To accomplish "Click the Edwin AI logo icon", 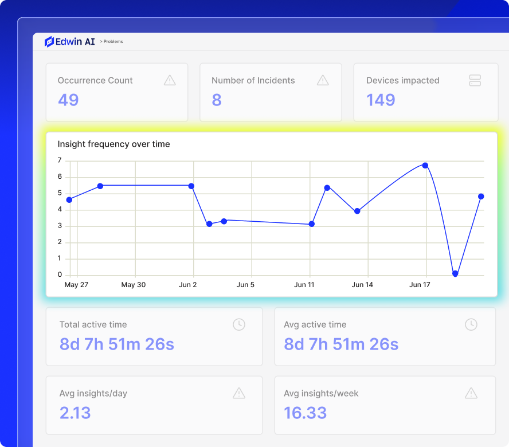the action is [49, 42].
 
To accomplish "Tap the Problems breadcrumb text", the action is [113, 42].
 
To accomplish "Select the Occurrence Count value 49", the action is [68, 100].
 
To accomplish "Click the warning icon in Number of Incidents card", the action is [323, 80].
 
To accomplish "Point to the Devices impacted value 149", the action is [381, 100].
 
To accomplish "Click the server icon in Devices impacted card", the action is [475, 80].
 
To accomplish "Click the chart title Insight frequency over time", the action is [113, 144].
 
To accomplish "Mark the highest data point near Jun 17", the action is [425, 166].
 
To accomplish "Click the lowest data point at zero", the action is [455, 274].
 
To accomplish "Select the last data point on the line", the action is [481, 197].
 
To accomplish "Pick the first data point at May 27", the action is [69, 200].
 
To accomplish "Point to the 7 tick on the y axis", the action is [60, 160].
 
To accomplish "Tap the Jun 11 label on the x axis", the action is [304, 285].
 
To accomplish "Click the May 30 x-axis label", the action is [134, 285].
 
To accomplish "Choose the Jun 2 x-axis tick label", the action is [187, 285].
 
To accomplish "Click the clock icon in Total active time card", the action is [239, 324].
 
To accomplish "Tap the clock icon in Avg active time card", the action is [471, 324].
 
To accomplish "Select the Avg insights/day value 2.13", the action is [75, 413].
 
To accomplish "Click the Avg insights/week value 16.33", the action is [305, 413].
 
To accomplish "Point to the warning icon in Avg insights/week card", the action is [471, 393].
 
